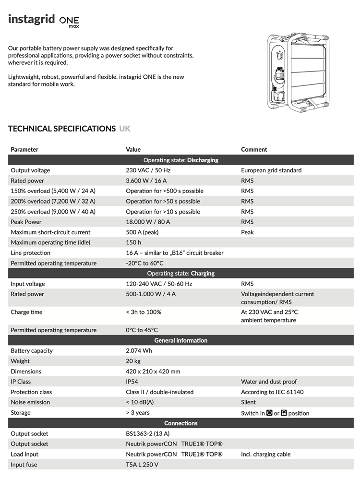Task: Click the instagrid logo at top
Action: (x=44, y=20)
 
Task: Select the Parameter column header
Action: (x=24, y=149)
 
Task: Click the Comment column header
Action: (x=254, y=149)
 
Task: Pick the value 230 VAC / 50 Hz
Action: (x=148, y=170)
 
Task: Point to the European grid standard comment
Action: (x=271, y=170)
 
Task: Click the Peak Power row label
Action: (x=26, y=222)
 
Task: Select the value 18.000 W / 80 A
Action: (x=148, y=222)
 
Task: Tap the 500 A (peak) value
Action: (x=142, y=232)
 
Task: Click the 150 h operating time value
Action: (x=133, y=242)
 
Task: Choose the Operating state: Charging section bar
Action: (x=180, y=274)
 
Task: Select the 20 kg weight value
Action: (x=133, y=361)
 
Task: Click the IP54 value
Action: (x=132, y=382)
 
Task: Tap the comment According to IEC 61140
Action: (x=272, y=392)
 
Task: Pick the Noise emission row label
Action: (x=30, y=402)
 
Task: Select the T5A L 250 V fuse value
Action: (x=142, y=465)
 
